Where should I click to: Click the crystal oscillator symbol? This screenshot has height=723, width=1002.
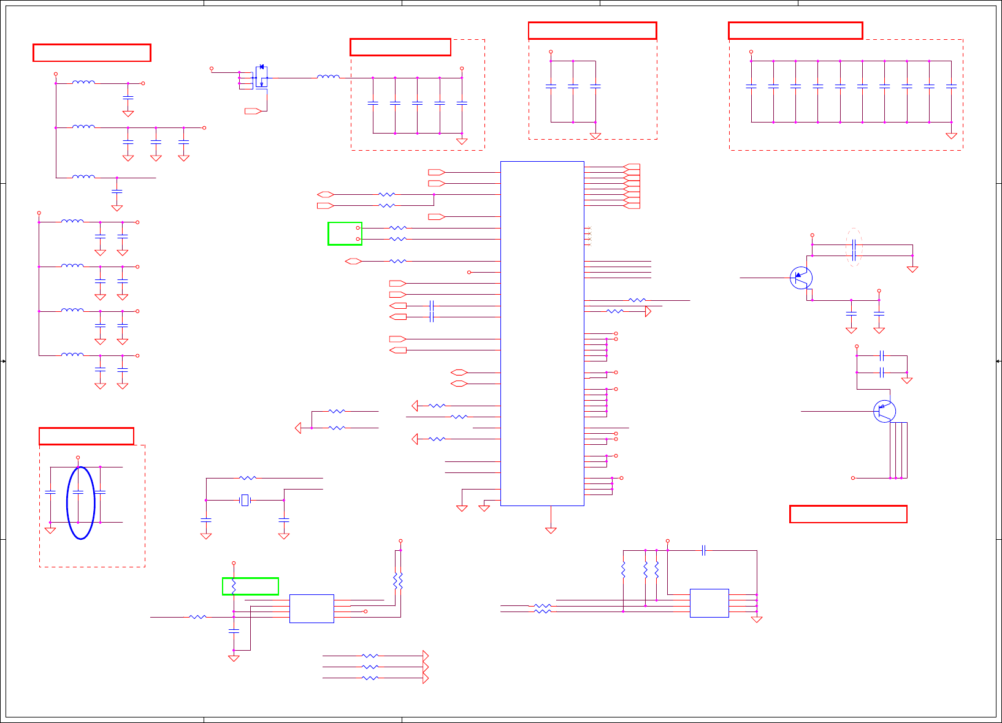tap(245, 501)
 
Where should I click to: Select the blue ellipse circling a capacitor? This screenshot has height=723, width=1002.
tap(81, 503)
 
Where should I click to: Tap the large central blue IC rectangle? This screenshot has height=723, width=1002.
tap(542, 333)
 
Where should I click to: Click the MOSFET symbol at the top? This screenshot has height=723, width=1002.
tap(261, 77)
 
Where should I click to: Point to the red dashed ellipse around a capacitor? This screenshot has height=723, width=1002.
tap(854, 248)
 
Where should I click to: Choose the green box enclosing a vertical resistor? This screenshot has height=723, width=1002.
tap(250, 586)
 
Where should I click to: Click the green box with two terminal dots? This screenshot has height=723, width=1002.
tap(345, 233)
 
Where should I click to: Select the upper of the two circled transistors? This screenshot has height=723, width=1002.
tap(801, 278)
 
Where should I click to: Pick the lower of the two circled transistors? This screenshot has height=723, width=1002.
tap(884, 411)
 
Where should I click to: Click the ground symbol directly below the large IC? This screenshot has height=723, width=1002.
tap(551, 530)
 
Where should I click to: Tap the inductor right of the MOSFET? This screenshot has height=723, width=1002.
tap(328, 77)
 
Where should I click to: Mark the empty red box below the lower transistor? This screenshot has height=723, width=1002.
tap(848, 514)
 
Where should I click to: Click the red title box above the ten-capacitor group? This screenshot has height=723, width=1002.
tap(795, 31)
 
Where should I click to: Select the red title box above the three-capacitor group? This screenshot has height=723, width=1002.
tap(592, 31)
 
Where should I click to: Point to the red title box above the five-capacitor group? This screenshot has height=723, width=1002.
tap(400, 47)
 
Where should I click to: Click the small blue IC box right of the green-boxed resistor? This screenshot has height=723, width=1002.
tap(312, 608)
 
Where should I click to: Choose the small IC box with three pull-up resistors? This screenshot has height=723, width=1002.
tap(709, 603)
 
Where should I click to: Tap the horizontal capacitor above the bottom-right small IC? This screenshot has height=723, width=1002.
tap(704, 551)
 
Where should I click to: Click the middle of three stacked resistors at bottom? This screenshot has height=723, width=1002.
tap(370, 667)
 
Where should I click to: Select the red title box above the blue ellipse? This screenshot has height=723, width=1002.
tap(86, 436)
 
